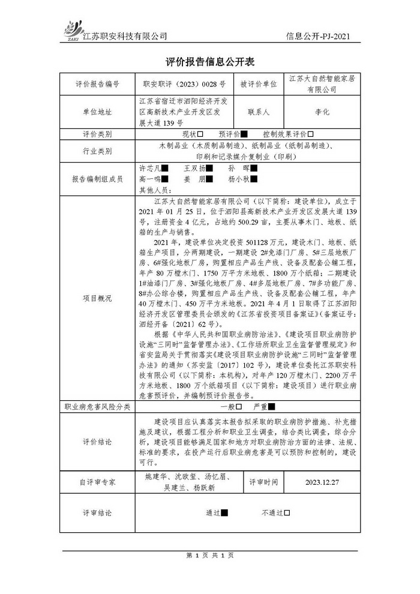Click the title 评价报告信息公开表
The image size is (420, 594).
pyautogui.click(x=210, y=62)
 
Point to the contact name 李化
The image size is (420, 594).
pyautogui.click(x=322, y=112)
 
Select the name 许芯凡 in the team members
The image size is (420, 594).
pyautogui.click(x=150, y=169)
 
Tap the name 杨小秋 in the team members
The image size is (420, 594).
pyautogui.click(x=239, y=179)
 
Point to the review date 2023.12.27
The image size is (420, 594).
pyautogui.click(x=322, y=482)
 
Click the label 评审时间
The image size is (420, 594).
pyautogui.click(x=265, y=482)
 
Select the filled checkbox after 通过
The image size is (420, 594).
pyautogui.click(x=225, y=513)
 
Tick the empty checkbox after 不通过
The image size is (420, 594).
pyautogui.click(x=287, y=513)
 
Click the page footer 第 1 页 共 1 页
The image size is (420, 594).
pyautogui.click(x=210, y=555)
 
